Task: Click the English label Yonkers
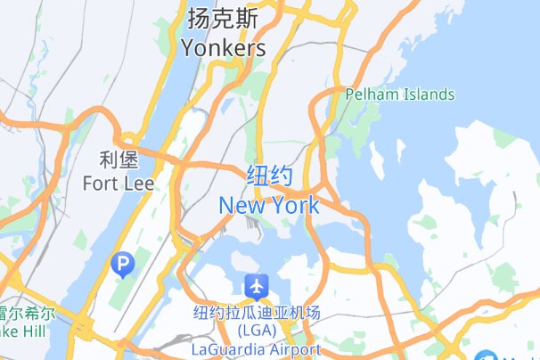tap(223, 48)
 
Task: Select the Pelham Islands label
tap(400, 94)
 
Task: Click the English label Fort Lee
tap(118, 184)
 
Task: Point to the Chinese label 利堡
tap(118, 160)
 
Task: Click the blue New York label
tap(268, 206)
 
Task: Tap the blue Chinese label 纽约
tap(268, 176)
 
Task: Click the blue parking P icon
tap(121, 263)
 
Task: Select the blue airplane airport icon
tap(257, 287)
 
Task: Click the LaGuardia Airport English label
tap(256, 348)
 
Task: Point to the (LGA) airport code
tap(256, 331)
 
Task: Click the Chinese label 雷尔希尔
tap(27, 315)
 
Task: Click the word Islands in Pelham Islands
tap(427, 94)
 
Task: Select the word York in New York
tap(293, 206)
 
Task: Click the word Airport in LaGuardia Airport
tap(290, 348)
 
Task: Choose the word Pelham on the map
tap(372, 94)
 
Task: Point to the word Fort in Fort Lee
tap(100, 184)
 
